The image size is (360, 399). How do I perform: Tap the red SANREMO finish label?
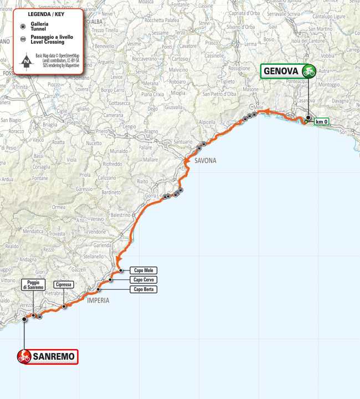(x=47, y=356)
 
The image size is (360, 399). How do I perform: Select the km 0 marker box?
(x=321, y=121)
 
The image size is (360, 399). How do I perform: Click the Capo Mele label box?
(x=143, y=270)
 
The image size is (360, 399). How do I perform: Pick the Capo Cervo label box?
(x=143, y=280)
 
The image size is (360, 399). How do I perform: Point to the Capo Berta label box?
(x=143, y=289)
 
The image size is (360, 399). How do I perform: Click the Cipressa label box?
(x=64, y=284)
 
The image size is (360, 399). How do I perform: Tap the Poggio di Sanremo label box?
(x=33, y=285)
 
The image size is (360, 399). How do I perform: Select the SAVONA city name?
(x=205, y=161)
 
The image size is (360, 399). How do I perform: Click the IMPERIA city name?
(x=97, y=300)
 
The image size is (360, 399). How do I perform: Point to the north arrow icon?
(x=26, y=62)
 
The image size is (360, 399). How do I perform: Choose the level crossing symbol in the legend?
(x=22, y=39)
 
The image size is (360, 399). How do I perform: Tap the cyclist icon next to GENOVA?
(x=308, y=71)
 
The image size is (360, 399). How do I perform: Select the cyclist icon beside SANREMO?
(x=24, y=356)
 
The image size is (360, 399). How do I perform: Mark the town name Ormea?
(x=59, y=207)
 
